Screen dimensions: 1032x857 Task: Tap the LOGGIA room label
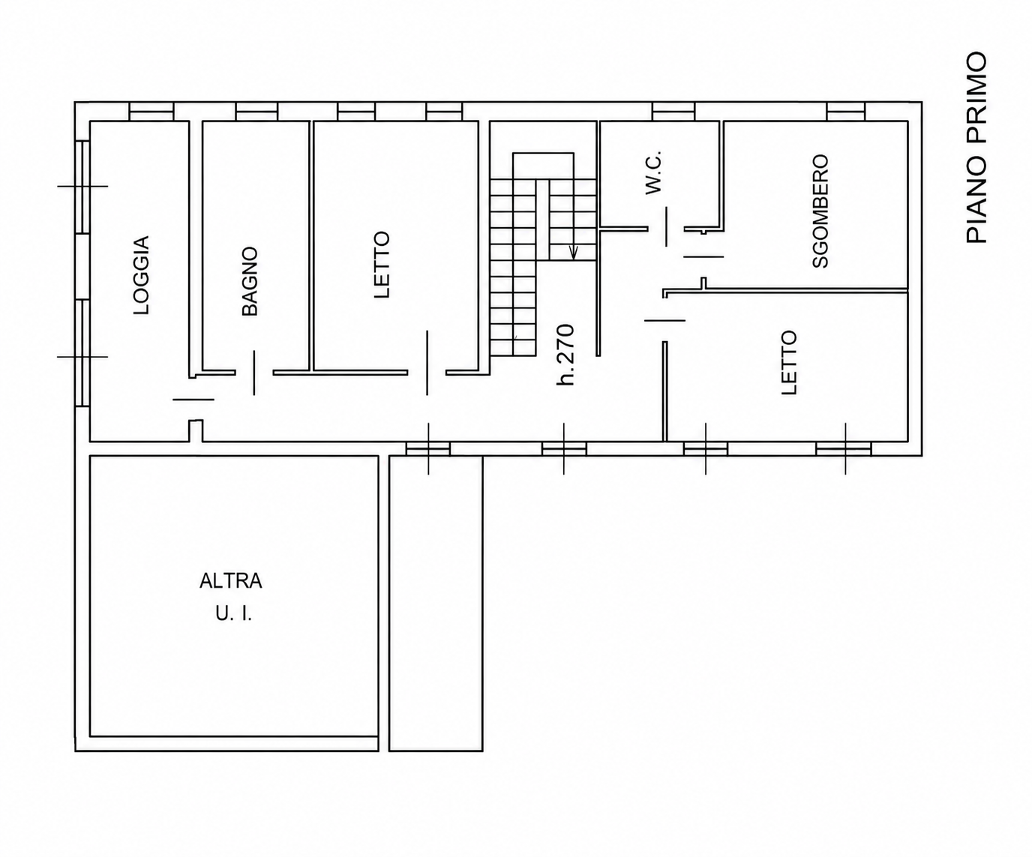pos(141,275)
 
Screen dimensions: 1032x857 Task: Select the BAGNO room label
pos(250,281)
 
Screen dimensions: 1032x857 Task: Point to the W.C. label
pos(653,172)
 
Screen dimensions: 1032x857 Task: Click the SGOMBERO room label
pos(820,211)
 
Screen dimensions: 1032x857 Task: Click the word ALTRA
pos(231,581)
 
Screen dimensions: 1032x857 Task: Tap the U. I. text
pos(234,614)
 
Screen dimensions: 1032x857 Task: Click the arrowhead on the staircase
pos(573,253)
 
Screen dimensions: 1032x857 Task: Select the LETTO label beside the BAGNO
pos(382,265)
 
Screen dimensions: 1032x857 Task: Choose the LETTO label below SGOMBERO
pos(789,362)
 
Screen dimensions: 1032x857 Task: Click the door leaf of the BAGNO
pos(254,373)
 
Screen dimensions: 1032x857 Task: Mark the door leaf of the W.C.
pos(666,226)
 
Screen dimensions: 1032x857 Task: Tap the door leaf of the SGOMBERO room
pos(703,256)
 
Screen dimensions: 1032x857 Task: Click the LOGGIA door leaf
pos(193,400)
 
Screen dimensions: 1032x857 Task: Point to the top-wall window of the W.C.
pos(673,112)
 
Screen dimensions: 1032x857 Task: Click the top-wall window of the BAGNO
pos(256,112)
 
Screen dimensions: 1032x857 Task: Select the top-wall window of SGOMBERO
pos(846,112)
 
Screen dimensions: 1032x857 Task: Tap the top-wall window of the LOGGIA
pos(151,112)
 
